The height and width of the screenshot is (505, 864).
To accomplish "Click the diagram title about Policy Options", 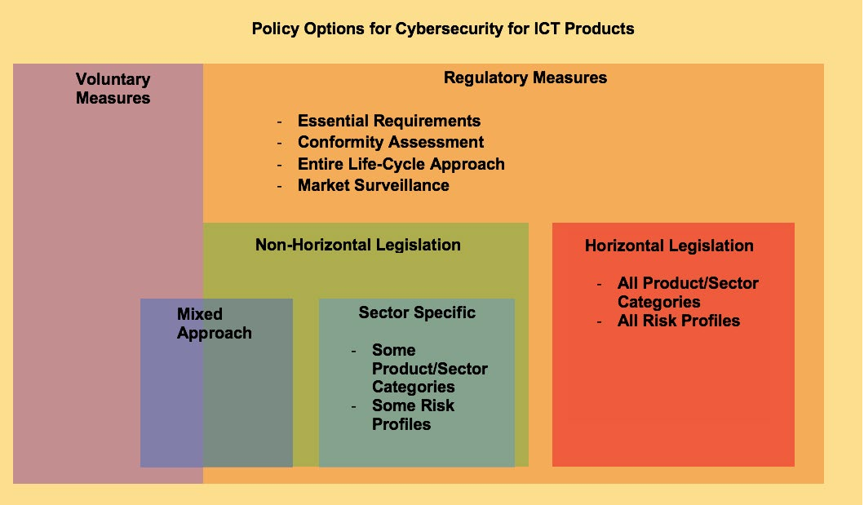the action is tap(443, 29).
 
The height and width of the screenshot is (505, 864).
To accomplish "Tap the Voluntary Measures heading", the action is tap(113, 89).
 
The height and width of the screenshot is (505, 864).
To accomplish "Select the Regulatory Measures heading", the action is tap(525, 78).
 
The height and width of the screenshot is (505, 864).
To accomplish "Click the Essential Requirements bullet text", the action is tap(389, 121).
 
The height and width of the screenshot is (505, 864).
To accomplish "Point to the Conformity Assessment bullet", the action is tap(391, 142).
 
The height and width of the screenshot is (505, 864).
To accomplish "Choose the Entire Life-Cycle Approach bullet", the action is tap(401, 164).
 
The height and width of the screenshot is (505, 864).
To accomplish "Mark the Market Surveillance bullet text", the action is tap(374, 185).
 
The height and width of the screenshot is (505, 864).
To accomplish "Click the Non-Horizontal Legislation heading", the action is tap(357, 245).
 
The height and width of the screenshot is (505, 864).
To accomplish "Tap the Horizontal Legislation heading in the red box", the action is tap(669, 246).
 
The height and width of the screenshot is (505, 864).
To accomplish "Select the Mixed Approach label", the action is tap(215, 323).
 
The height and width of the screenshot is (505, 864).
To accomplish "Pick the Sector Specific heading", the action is tap(417, 312).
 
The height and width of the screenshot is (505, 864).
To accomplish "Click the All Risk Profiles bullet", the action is tap(678, 321).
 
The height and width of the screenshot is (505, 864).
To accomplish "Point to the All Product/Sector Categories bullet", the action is tap(688, 292).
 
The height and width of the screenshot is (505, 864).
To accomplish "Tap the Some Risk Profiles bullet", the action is tap(414, 414).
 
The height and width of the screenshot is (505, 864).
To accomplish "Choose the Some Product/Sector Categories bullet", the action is tap(430, 369).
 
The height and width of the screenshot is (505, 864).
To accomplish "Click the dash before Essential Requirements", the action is tap(280, 122).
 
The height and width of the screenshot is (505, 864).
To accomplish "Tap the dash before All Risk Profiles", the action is tap(600, 321).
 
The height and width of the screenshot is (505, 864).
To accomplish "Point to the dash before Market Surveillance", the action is tap(280, 186).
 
